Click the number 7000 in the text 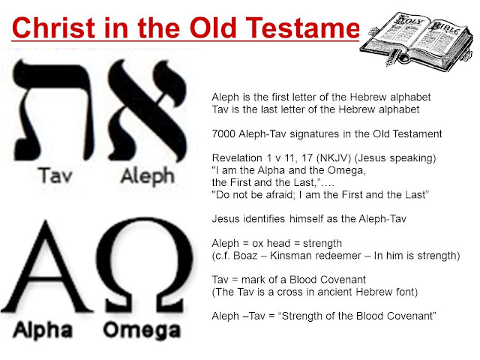[226, 133]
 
